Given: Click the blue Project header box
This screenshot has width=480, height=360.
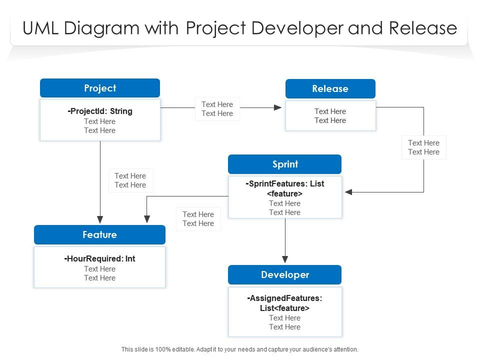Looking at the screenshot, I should point(100,88).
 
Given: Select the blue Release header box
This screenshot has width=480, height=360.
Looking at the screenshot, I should point(330,88).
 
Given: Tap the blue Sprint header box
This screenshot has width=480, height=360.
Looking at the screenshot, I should point(284,164).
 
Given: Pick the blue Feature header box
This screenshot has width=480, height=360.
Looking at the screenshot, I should point(99,234).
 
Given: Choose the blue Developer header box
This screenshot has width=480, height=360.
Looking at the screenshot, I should point(284,274).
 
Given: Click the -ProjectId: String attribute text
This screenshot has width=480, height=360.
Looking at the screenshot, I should point(100,111).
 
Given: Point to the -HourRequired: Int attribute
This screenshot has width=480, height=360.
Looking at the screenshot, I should point(100,258).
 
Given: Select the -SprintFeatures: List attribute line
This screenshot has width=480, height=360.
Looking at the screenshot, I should point(285,183).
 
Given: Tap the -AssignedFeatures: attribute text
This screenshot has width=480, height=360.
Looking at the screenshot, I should point(285,298).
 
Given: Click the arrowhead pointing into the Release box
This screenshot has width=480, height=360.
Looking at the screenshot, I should point(278,107).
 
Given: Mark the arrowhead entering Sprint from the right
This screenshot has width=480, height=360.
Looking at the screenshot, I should point(348,192).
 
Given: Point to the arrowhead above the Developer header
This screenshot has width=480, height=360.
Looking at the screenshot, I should point(285,259).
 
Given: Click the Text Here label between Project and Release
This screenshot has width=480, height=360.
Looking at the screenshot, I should point(217,109).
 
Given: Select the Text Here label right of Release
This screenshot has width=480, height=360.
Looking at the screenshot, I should point(423,147).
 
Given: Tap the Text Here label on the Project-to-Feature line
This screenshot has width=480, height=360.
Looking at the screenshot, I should point(130,180).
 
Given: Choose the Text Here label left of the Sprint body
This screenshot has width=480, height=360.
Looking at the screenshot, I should point(198,219).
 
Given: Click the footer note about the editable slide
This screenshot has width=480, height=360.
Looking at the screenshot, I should point(240,349).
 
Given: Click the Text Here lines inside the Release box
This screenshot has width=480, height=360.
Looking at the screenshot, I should point(330,116).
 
